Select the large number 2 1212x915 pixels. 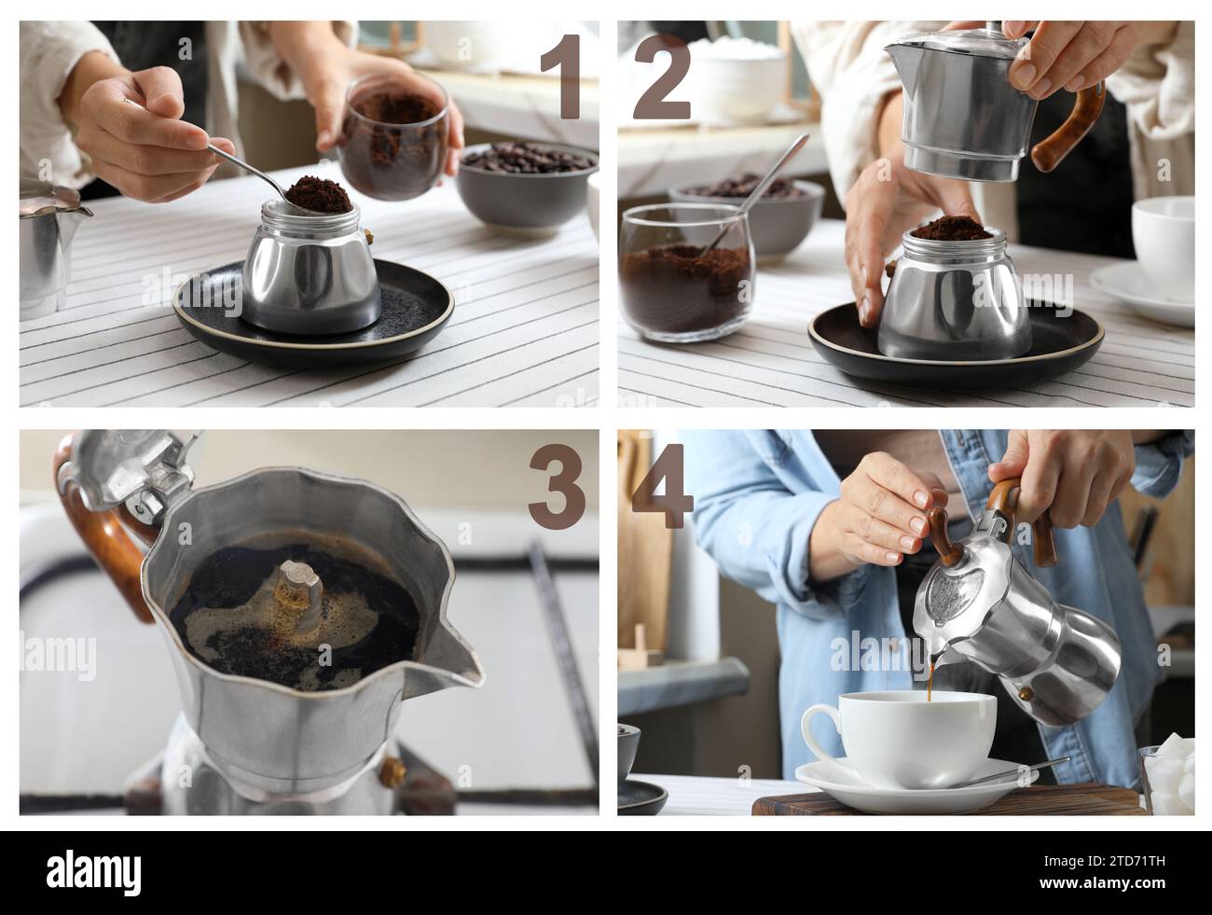pos(662,76)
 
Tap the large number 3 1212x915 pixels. pos(557,487)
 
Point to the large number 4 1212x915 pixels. pos(663,485)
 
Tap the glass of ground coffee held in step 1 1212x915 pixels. pos(393,138)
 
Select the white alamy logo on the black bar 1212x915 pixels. pos(94,875)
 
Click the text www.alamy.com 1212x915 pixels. pos(1102,883)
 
